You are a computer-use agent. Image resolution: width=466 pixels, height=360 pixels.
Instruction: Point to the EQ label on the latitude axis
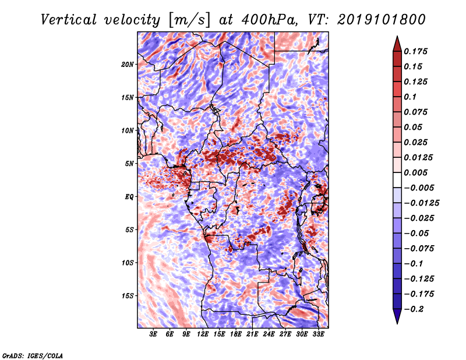[x=129, y=197]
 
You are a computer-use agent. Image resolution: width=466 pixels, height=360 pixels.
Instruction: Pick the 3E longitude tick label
[x=154, y=334]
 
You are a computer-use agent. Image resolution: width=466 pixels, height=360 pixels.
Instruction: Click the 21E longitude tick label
[x=253, y=334]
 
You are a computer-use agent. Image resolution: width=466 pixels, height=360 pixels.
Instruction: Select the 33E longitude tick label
[x=319, y=334]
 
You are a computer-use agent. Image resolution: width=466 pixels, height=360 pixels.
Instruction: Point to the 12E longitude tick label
[x=203, y=334]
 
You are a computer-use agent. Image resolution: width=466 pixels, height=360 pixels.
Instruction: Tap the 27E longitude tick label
[x=286, y=334]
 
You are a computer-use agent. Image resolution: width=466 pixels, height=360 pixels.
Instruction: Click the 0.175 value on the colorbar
[x=417, y=51]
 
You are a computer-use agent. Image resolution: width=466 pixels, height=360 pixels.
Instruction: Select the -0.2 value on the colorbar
[x=415, y=309]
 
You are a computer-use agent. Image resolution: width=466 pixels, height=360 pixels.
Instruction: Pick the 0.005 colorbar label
[x=417, y=172]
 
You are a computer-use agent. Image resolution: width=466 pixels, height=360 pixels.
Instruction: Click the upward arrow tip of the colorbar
[x=396, y=38]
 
